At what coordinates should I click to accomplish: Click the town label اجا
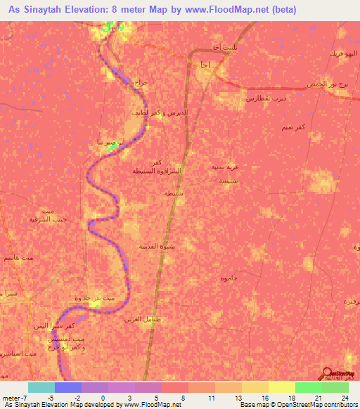[x=204, y=65]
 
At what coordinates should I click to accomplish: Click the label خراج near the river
[x=141, y=83]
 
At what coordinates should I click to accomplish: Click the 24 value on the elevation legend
[x=344, y=398]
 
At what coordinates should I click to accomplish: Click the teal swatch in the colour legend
[x=41, y=387]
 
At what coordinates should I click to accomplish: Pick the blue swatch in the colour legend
[x=68, y=387]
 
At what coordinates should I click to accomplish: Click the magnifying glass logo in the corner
[x=328, y=374]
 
